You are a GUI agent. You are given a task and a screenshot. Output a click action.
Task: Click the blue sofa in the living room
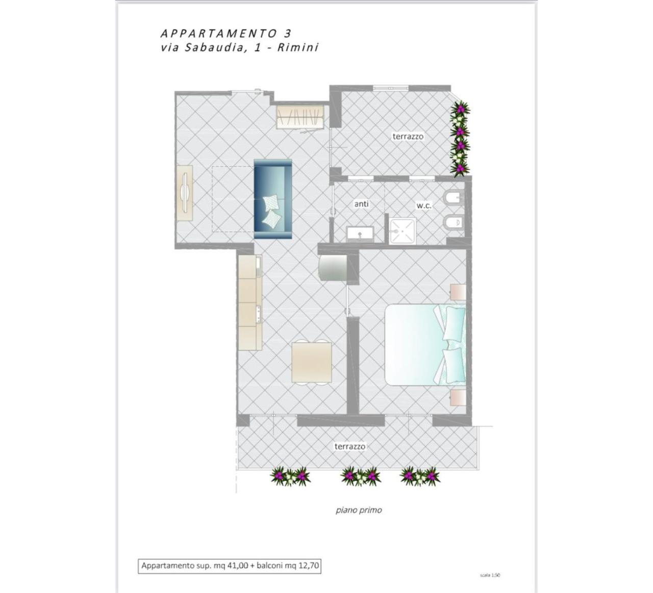tap(272, 199)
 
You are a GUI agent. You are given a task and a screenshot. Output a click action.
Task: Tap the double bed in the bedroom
tap(425, 345)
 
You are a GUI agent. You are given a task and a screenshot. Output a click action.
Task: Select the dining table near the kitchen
tap(312, 362)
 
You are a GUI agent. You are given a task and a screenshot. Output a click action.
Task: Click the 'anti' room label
tap(361, 204)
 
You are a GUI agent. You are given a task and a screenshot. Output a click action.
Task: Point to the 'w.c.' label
tap(424, 206)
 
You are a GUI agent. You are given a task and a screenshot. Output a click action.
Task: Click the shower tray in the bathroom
tap(403, 231)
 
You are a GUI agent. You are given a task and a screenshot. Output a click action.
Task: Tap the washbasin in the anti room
tap(360, 234)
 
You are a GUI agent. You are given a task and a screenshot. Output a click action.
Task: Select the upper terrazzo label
tap(408, 136)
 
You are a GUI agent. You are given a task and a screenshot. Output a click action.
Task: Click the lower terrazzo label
tap(350, 446)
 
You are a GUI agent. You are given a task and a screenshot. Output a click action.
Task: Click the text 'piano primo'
tap(359, 510)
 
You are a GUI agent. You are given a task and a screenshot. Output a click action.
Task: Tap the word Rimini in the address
tap(298, 48)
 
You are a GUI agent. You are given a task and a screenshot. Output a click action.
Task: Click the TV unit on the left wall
tap(185, 193)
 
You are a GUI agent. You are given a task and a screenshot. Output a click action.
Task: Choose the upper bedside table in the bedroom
tap(458, 292)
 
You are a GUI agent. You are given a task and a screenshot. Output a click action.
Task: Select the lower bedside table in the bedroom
tap(458, 398)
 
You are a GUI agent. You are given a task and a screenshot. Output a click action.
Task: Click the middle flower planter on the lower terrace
tap(360, 477)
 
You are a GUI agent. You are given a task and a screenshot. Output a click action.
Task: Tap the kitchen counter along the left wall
tap(250, 302)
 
